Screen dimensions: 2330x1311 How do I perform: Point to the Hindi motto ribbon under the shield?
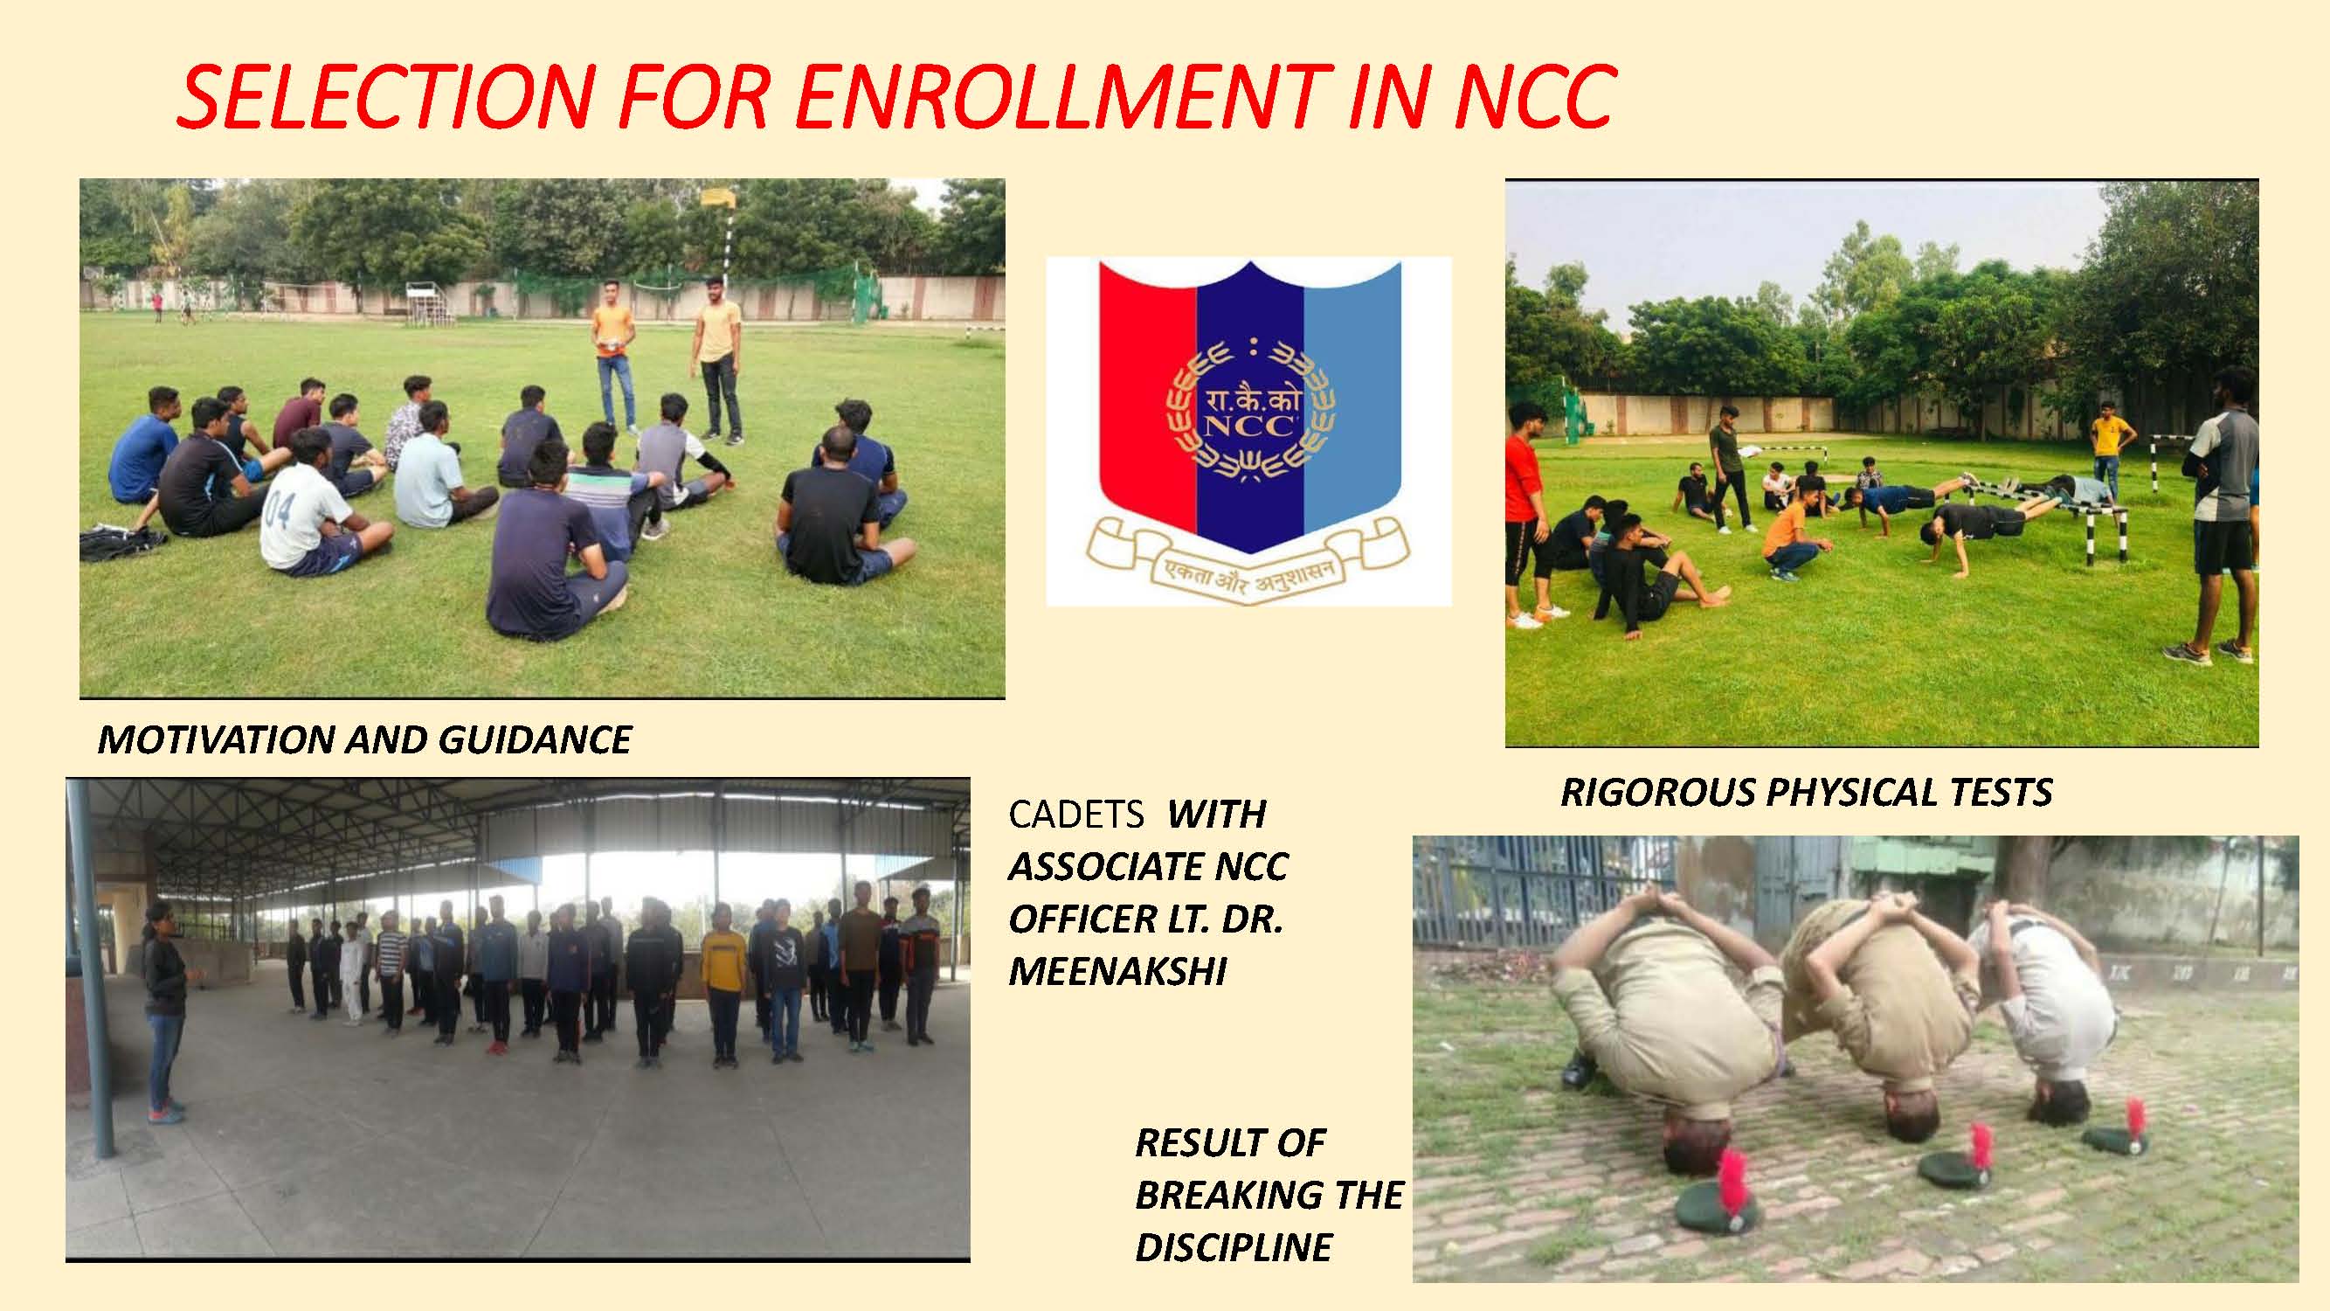[x=1248, y=561]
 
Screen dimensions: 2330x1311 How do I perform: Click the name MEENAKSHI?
[x=1118, y=972]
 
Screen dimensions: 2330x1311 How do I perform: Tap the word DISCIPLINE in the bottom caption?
[x=1234, y=1248]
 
